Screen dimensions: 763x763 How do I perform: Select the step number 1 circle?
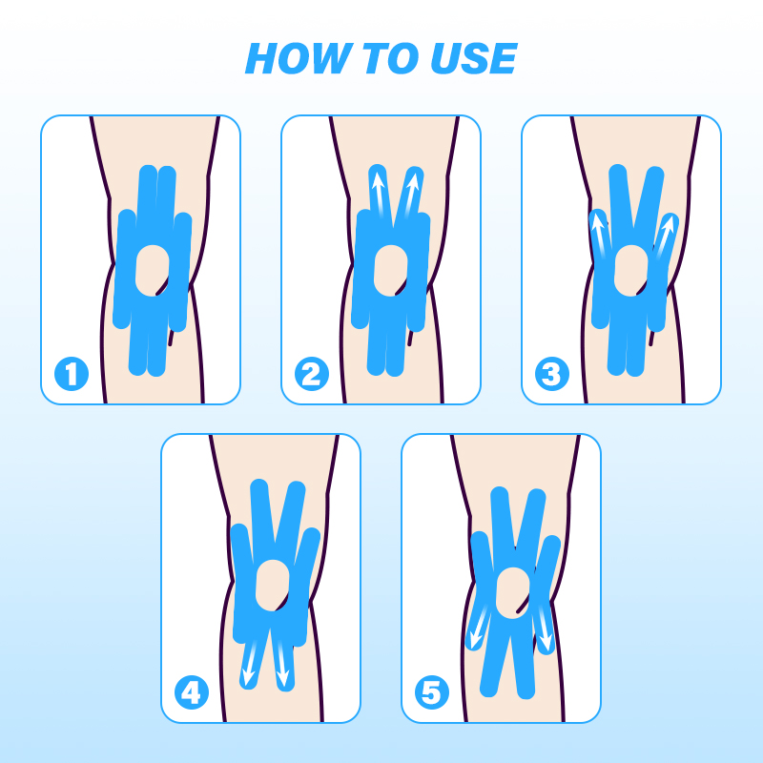[72, 374]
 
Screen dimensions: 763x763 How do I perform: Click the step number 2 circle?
[312, 374]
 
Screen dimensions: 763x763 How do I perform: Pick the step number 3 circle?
[552, 374]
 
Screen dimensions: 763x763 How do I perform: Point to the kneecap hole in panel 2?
[392, 270]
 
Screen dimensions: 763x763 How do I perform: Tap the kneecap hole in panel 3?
[631, 270]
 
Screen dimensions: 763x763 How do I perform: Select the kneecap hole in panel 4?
[273, 586]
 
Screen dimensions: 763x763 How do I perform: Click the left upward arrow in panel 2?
[379, 196]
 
